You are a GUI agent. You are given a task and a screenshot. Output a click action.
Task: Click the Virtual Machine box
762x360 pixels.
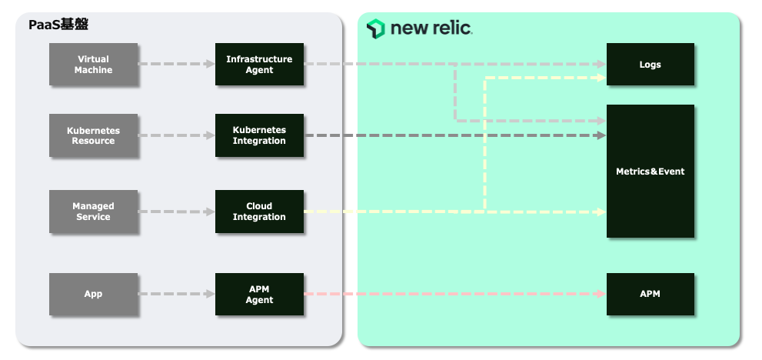point(93,65)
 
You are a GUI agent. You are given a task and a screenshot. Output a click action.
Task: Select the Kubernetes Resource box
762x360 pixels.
point(93,136)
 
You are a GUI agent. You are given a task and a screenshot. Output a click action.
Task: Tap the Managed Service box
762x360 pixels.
point(93,212)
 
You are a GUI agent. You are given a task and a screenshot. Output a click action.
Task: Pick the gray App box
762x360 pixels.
point(93,294)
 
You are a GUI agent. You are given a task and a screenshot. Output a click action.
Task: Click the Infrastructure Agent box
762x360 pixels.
point(259,65)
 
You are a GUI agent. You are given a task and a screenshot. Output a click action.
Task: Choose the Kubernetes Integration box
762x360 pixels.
point(259,136)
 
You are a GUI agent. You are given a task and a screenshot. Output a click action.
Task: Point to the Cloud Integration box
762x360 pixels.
point(259,212)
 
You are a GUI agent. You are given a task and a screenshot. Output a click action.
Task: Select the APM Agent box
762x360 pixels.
point(259,294)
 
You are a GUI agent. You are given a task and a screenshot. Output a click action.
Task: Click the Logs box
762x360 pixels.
point(651,65)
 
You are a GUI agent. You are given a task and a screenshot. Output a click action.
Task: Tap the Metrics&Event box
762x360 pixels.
point(651,171)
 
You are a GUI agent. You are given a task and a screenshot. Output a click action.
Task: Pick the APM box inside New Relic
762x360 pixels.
point(651,294)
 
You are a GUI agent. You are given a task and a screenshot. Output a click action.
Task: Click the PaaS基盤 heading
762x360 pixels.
point(58,25)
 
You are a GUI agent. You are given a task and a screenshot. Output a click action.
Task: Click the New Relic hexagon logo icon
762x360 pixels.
point(375,28)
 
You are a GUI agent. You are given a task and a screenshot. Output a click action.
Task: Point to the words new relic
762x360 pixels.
point(431,29)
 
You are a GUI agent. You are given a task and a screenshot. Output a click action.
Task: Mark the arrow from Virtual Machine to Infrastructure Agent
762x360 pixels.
point(176,65)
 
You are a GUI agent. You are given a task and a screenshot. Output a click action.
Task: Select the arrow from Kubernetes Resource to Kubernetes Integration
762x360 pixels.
point(176,136)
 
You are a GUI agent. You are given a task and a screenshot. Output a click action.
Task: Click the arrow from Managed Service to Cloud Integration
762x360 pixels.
point(176,212)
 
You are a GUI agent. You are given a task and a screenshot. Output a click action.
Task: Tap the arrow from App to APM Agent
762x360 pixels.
point(176,294)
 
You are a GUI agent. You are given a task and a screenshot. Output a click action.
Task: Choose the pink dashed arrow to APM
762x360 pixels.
point(454,294)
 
